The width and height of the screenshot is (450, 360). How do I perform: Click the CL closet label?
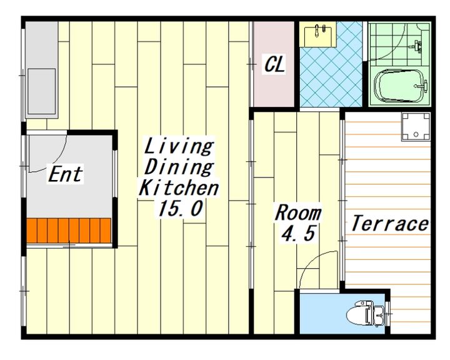274,64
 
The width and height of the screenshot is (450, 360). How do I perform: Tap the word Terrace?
390,223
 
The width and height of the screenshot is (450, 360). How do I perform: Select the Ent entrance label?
66,174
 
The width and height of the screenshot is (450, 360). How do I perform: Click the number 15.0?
180,208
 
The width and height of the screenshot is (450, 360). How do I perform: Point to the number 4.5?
299,233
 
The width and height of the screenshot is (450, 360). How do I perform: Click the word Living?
179,147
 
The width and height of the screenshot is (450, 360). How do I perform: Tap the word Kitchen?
179,187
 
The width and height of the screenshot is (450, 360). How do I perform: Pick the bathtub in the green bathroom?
399,86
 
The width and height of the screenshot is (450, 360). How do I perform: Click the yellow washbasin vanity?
317,34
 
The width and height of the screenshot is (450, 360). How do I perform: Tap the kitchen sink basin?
42,92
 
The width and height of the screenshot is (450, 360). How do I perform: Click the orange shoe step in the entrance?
69,231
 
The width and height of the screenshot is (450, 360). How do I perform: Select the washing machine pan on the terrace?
416,127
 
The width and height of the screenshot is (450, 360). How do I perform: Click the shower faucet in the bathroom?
417,46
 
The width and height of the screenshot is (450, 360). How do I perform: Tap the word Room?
298,212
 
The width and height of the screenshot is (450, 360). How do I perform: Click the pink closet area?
274,64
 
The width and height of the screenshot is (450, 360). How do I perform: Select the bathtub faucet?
422,86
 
